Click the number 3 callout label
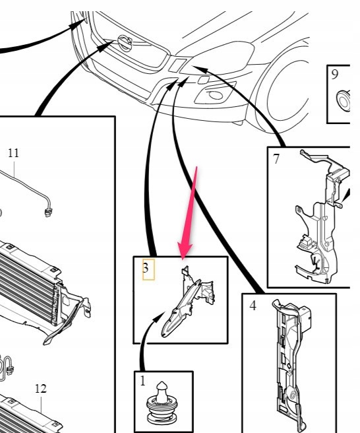(146, 268)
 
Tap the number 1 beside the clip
(142, 381)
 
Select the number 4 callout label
(253, 306)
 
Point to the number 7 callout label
(276, 159)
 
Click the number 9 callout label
(335, 75)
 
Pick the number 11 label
(14, 153)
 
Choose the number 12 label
(41, 389)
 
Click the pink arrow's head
(184, 251)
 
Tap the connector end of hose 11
(48, 213)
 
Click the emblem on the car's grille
(125, 43)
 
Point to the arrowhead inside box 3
(159, 317)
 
